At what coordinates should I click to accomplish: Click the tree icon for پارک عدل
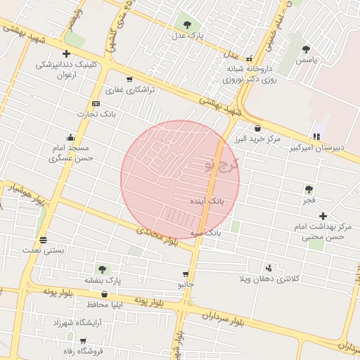click(x=186, y=23)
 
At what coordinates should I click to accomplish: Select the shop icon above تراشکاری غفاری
click(x=129, y=79)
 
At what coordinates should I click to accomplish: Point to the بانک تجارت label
click(x=98, y=114)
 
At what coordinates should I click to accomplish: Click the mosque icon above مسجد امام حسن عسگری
click(x=70, y=137)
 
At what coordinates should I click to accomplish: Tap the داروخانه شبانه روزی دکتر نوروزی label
click(x=248, y=74)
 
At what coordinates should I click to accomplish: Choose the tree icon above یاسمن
click(x=306, y=49)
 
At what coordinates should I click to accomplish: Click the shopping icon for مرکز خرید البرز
click(x=258, y=128)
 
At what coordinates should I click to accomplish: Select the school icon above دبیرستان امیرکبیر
click(x=316, y=136)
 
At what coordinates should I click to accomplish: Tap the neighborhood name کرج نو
click(x=222, y=166)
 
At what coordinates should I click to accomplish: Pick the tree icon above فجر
click(x=309, y=189)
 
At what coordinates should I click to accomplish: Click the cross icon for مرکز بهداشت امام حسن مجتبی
click(x=323, y=216)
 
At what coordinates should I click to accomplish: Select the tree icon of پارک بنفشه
click(x=103, y=269)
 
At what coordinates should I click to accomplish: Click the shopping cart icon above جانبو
click(x=186, y=274)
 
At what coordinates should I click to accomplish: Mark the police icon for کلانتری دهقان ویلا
click(x=268, y=268)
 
